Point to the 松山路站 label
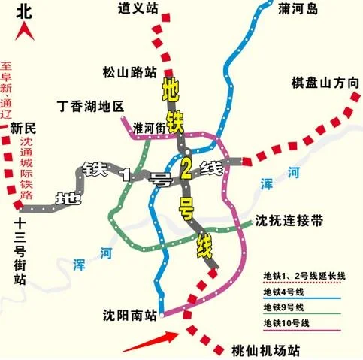click(x=129, y=73)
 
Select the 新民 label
click(x=23, y=129)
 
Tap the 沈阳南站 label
click(x=129, y=315)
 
